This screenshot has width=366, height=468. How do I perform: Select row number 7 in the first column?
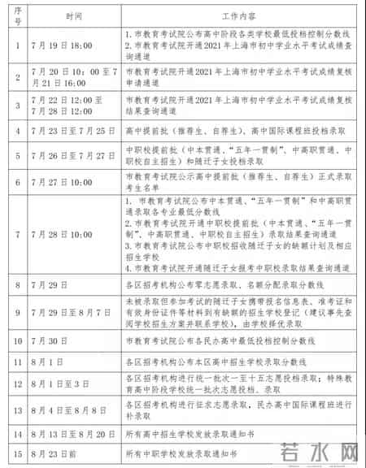pyautogui.click(x=16, y=234)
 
